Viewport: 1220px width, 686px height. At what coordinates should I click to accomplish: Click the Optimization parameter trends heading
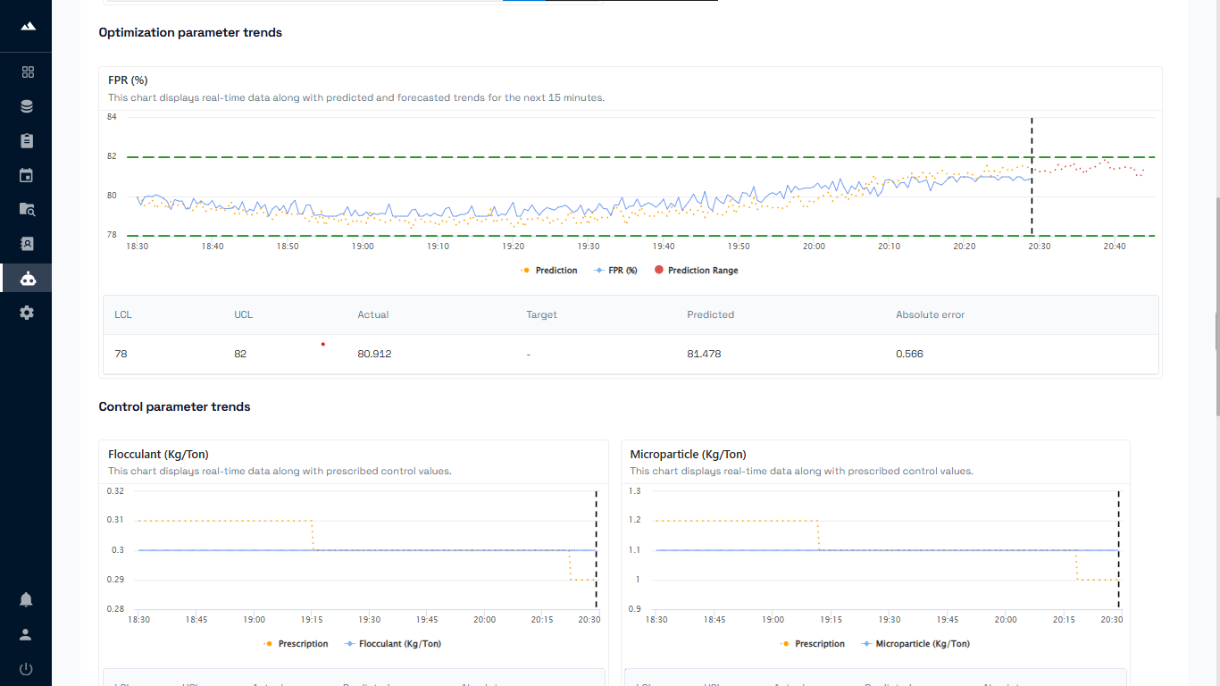(x=190, y=33)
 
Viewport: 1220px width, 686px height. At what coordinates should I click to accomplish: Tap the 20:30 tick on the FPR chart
(x=1039, y=246)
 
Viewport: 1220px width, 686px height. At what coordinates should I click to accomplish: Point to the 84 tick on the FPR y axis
(x=112, y=117)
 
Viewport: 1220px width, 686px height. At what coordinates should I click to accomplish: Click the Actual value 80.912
(x=374, y=354)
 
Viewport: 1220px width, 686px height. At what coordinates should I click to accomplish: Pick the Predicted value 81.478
(x=704, y=354)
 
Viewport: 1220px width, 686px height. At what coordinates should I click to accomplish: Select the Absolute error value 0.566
(x=909, y=354)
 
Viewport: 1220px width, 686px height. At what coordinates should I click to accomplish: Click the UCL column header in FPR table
(x=243, y=314)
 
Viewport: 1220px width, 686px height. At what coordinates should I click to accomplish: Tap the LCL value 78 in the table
(x=121, y=354)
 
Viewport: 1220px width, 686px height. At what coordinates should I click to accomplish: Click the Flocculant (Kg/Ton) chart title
(x=158, y=455)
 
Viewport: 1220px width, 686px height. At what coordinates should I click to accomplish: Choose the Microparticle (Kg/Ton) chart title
(x=688, y=455)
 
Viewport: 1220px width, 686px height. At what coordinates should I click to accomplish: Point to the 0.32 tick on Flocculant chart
(x=115, y=491)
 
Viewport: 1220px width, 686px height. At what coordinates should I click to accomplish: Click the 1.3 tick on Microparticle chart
(x=634, y=491)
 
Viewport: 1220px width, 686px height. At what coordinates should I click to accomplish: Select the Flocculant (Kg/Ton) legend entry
(x=399, y=644)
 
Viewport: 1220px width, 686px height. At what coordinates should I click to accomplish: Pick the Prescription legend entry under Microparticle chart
(x=819, y=644)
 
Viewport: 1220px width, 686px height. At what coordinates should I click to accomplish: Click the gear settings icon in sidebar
(x=27, y=313)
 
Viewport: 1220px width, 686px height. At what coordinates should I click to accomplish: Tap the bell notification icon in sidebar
(x=26, y=599)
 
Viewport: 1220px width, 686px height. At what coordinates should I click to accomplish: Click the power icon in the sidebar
(x=26, y=669)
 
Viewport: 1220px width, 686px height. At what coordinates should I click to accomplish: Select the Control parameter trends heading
(x=174, y=407)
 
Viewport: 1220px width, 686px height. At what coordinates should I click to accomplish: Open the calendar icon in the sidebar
(x=27, y=175)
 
